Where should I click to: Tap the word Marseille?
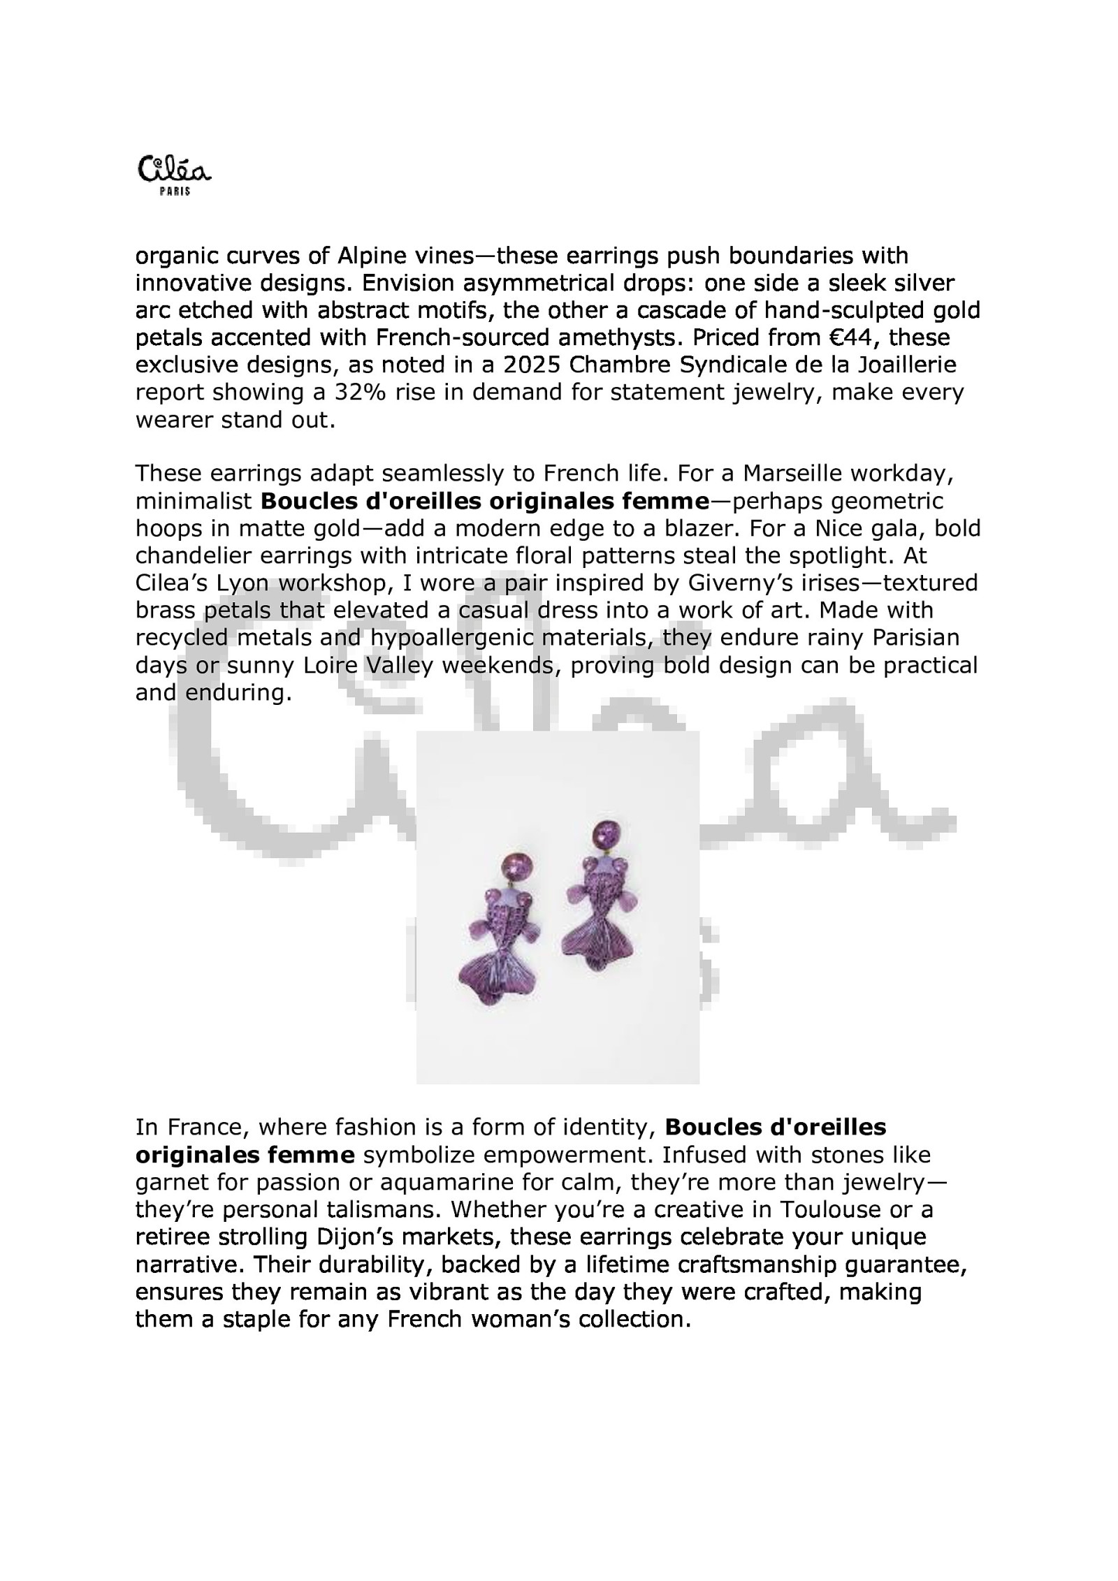click(x=797, y=474)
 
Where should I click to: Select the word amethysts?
click(x=618, y=337)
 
